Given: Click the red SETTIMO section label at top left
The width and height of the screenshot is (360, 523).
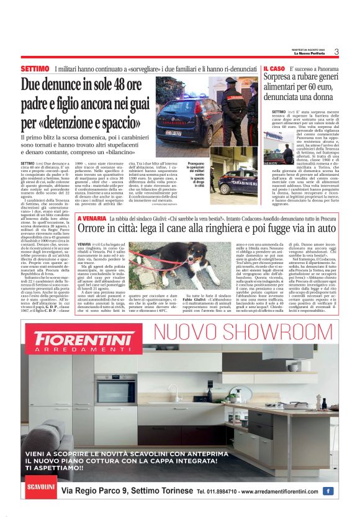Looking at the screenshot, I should point(35,68).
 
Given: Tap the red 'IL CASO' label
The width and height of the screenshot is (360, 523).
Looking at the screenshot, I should point(274,68).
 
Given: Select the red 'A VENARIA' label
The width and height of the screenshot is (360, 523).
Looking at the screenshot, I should point(92,219).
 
